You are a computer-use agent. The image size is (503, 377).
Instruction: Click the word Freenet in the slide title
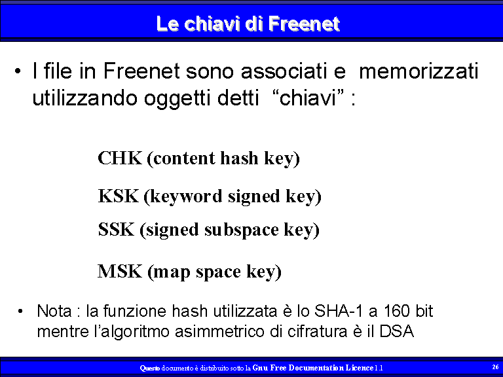tap(304, 24)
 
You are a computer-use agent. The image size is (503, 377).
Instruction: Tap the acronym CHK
tap(120, 158)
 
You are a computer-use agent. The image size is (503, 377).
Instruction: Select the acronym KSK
tap(118, 196)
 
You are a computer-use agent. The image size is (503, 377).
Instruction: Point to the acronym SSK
tap(116, 230)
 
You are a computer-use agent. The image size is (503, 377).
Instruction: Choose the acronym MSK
tap(120, 271)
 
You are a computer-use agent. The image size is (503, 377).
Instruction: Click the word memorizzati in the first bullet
tap(419, 71)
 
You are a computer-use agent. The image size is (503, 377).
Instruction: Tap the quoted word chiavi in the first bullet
tap(308, 98)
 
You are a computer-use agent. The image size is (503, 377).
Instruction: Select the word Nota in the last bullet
tap(54, 311)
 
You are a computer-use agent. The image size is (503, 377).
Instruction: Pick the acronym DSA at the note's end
tap(396, 331)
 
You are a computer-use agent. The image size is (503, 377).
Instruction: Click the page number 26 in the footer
tap(495, 367)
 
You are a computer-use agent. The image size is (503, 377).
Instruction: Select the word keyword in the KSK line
tap(186, 196)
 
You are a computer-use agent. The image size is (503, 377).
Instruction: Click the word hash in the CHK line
tap(239, 158)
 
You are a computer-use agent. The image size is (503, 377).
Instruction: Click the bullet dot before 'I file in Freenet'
tap(18, 71)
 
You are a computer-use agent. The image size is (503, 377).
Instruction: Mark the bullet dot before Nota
tap(20, 311)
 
